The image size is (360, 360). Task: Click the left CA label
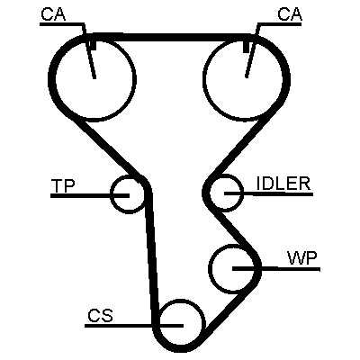click(53, 14)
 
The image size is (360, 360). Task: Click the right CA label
click(290, 14)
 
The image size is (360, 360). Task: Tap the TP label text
click(63, 185)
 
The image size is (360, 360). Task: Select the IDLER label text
click(283, 184)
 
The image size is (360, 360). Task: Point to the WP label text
click(302, 258)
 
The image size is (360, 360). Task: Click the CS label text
click(100, 316)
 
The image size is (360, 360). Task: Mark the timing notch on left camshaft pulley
click(94, 46)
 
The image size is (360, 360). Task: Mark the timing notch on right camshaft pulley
click(247, 48)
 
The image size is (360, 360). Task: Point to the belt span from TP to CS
click(152, 258)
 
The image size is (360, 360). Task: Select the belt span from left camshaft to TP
click(106, 147)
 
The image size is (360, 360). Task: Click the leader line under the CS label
click(134, 326)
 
